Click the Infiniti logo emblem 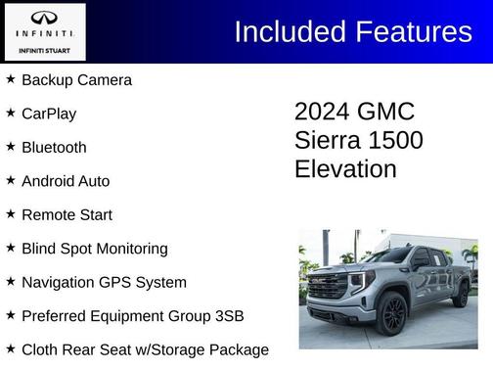click(43, 19)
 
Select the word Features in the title click(413, 31)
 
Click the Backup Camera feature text click(76, 79)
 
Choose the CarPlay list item click(49, 114)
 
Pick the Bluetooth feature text click(54, 147)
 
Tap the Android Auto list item click(66, 181)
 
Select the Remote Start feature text click(67, 214)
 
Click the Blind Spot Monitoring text click(95, 249)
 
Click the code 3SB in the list click(226, 316)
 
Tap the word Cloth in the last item click(41, 349)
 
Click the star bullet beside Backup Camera click(11, 78)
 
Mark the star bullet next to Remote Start click(11, 213)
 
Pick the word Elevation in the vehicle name click(345, 168)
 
